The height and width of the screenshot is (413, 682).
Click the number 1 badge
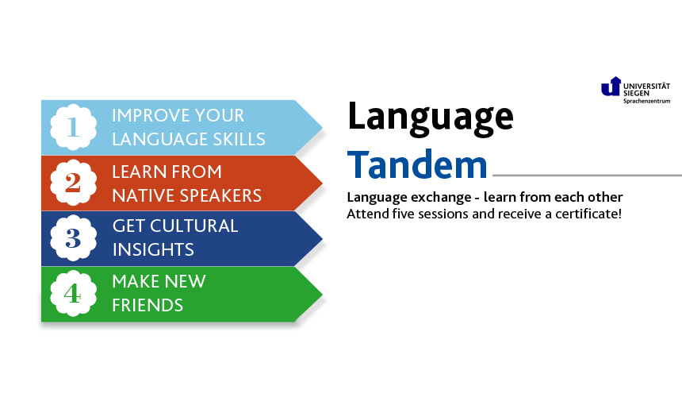(x=73, y=127)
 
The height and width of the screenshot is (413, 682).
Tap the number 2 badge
(x=73, y=183)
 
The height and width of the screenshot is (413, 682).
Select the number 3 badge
(x=73, y=237)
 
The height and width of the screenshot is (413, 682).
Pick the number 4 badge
(x=73, y=293)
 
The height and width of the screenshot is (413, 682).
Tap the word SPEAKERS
(x=221, y=195)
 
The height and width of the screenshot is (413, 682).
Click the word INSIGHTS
(x=153, y=249)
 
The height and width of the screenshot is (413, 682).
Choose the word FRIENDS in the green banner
(x=148, y=305)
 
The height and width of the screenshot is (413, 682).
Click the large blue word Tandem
(x=417, y=164)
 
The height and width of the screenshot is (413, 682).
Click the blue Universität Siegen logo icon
(x=611, y=87)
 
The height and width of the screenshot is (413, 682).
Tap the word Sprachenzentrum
(x=647, y=101)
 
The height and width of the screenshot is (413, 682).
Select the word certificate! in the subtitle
(x=588, y=214)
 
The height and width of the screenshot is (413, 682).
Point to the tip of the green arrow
(x=322, y=294)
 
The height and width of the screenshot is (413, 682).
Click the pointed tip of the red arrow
(x=322, y=183)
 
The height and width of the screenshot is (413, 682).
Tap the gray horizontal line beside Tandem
(x=587, y=176)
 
